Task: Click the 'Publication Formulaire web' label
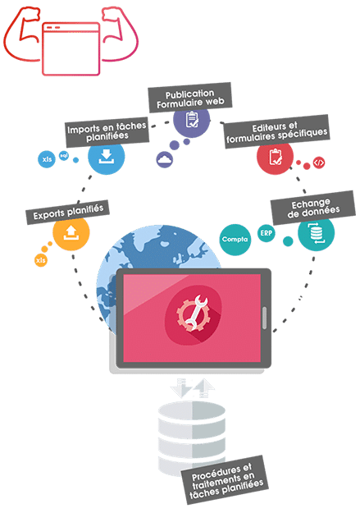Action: tap(190, 98)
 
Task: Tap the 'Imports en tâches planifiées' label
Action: tap(107, 131)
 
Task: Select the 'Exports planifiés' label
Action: tap(68, 212)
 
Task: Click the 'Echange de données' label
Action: tap(313, 208)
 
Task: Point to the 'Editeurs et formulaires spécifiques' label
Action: tap(276, 131)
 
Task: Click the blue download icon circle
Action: tap(107, 157)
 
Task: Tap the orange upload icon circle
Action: tap(71, 233)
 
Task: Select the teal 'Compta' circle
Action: tap(235, 240)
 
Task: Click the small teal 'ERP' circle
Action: tap(267, 233)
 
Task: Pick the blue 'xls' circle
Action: tap(47, 159)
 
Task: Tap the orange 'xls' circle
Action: tap(40, 260)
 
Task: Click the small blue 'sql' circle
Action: tap(64, 155)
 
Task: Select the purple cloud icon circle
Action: tap(165, 160)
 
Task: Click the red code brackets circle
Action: tap(319, 163)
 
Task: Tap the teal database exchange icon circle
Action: tap(317, 232)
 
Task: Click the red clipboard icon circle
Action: tap(275, 158)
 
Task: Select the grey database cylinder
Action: tap(192, 437)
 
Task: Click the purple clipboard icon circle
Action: tap(191, 121)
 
